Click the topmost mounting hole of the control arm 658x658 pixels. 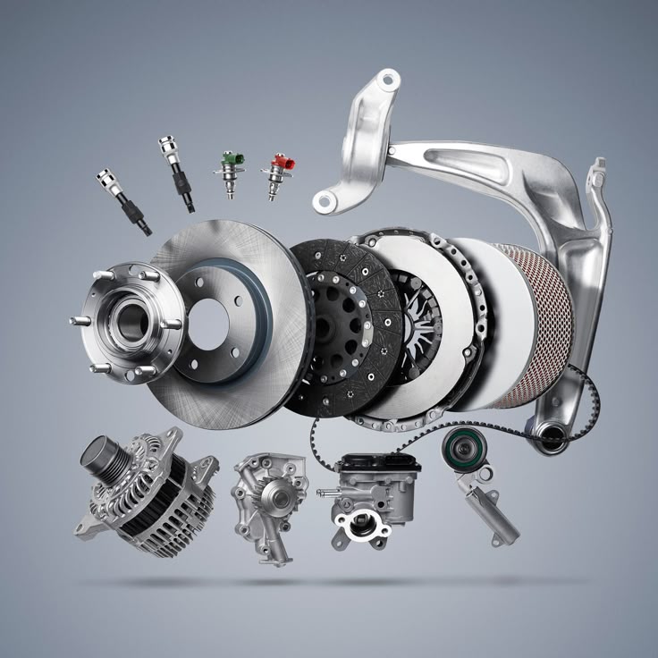pos(386,82)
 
